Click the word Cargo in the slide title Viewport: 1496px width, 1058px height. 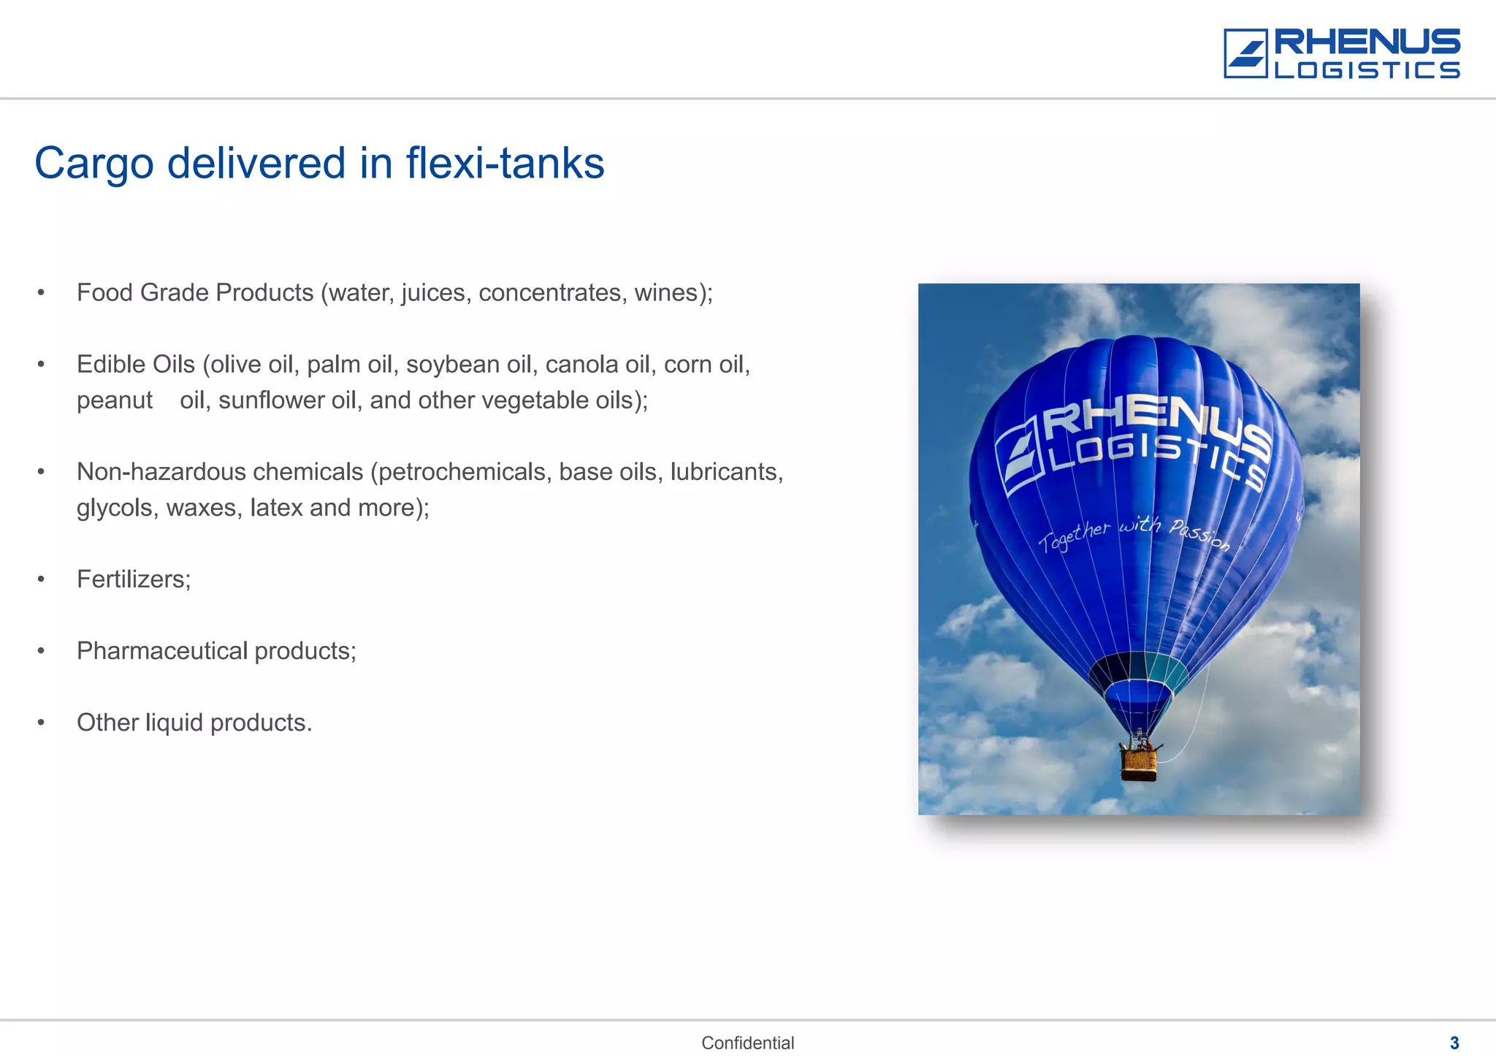click(x=94, y=164)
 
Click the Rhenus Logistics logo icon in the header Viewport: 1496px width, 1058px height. click(x=1245, y=53)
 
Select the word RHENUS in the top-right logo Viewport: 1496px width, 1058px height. click(x=1367, y=42)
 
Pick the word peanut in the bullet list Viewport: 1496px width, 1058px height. click(x=115, y=400)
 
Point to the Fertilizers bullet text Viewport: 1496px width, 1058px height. click(x=134, y=579)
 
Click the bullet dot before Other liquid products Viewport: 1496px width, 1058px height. click(x=42, y=723)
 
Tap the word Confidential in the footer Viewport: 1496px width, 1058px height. click(x=747, y=1043)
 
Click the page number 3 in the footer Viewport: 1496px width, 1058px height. click(x=1454, y=1043)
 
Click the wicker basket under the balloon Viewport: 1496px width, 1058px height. click(x=1139, y=763)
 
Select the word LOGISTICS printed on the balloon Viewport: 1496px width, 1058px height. click(x=1158, y=457)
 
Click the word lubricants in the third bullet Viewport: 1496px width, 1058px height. click(x=726, y=472)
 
